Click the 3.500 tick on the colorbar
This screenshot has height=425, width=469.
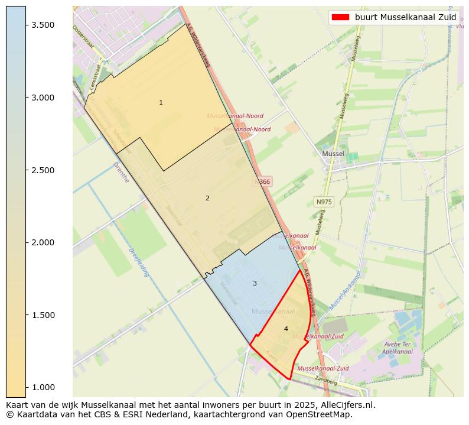pyautogui.click(x=44, y=25)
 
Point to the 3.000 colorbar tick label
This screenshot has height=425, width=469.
pyautogui.click(x=44, y=98)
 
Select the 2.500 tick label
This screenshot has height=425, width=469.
pyautogui.click(x=44, y=170)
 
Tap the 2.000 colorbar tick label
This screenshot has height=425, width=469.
pyautogui.click(x=44, y=242)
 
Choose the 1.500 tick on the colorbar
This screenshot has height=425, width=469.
pyautogui.click(x=44, y=315)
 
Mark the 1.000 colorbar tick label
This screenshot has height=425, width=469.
pyautogui.click(x=44, y=387)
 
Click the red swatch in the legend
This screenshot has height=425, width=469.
pyautogui.click(x=341, y=17)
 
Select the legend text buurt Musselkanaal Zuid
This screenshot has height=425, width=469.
pyautogui.click(x=405, y=17)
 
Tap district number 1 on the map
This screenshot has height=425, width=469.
pyautogui.click(x=161, y=103)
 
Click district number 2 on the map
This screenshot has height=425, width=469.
pyautogui.click(x=207, y=198)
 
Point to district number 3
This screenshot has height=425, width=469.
pyautogui.click(x=255, y=283)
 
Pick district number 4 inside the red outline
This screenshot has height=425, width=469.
pyautogui.click(x=286, y=329)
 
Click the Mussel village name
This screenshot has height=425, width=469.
pyautogui.click(x=333, y=154)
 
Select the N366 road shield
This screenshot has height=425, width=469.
pyautogui.click(x=263, y=181)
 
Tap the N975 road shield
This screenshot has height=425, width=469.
pyautogui.click(x=324, y=202)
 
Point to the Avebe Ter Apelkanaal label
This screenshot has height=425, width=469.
pyautogui.click(x=397, y=348)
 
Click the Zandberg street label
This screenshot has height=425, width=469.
pyautogui.click(x=325, y=380)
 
